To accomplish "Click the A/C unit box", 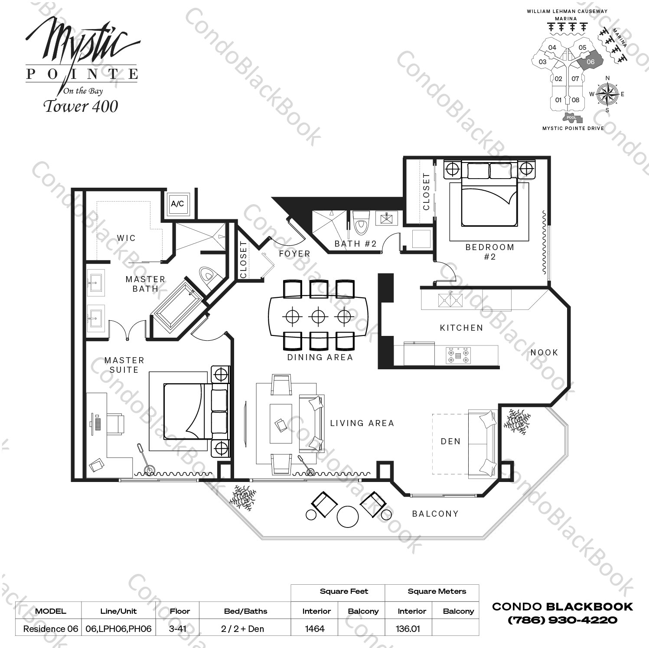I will (177, 204).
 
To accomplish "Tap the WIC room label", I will (126, 238).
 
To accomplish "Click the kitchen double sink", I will (450, 300).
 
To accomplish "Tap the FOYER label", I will (294, 254).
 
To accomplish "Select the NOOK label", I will (544, 352).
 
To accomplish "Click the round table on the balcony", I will (348, 517).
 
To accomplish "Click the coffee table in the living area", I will (280, 423).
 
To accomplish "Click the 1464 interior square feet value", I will (315, 628).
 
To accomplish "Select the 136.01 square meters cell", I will (408, 628).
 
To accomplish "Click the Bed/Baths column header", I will (245, 611).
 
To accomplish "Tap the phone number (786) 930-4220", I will (562, 620).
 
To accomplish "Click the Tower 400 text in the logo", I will (81, 107).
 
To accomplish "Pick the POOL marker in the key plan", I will (571, 117).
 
